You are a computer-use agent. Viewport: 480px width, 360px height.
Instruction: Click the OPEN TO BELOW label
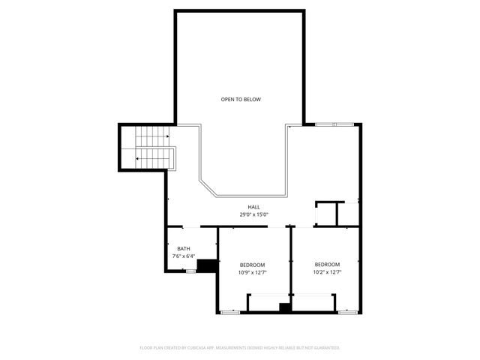pos(241,99)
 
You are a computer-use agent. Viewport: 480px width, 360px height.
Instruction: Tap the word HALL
pos(253,207)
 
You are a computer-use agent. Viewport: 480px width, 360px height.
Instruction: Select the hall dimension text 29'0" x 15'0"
pos(253,214)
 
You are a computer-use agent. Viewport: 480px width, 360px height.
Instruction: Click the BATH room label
pos(184,249)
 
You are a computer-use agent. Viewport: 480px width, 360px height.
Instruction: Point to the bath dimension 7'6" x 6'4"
pos(184,256)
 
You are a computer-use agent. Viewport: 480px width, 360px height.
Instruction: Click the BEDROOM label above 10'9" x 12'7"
pos(252,265)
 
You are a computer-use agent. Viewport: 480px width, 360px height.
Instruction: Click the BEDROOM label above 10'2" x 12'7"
pos(327,265)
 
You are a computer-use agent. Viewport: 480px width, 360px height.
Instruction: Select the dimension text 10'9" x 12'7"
pos(252,272)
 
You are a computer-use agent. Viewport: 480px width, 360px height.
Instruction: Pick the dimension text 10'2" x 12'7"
pos(327,272)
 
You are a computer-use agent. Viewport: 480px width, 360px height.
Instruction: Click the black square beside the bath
pos(207,265)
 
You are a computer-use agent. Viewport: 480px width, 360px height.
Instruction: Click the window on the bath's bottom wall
pos(190,271)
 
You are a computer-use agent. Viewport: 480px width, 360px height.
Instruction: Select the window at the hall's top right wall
pos(334,124)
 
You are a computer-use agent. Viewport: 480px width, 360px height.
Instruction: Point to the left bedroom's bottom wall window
pos(230,311)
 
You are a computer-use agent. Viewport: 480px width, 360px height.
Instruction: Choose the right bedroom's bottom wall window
pos(346,311)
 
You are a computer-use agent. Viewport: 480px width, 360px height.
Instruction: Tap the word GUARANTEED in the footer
pos(326,348)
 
